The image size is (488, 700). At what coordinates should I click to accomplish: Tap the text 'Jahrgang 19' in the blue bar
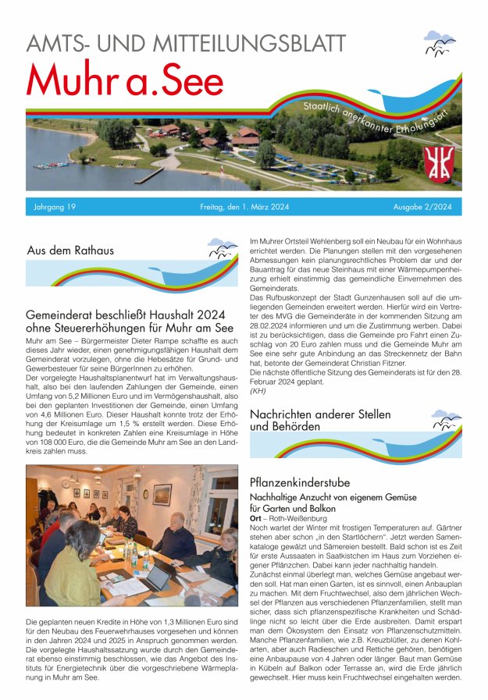click(x=55, y=208)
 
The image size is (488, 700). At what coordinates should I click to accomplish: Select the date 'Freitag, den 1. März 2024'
click(x=243, y=208)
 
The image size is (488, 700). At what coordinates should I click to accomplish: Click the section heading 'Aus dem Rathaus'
click(x=70, y=251)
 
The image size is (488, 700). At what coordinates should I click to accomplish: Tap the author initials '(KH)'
click(x=258, y=390)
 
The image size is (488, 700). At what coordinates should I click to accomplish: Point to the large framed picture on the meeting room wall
click(x=162, y=494)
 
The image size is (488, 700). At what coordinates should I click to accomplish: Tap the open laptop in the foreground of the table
click(x=158, y=577)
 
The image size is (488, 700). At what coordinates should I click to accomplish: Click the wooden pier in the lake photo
click(x=148, y=176)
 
